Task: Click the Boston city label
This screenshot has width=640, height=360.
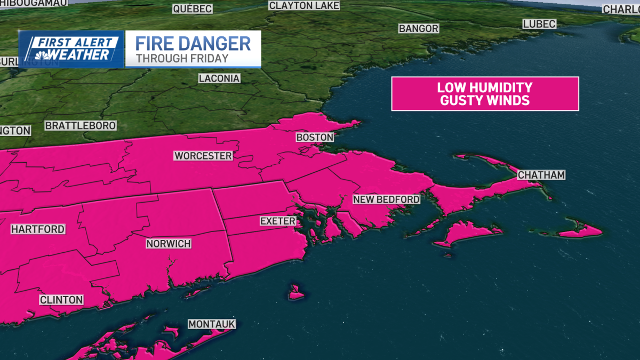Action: tap(315, 137)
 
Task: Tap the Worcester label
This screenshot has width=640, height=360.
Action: tap(203, 156)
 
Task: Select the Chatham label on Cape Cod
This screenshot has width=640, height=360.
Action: tap(541, 175)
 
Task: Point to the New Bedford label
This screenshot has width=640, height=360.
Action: tap(387, 199)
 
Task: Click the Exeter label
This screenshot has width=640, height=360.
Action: tap(277, 220)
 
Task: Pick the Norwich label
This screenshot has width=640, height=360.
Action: tap(169, 244)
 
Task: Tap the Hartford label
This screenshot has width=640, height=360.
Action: tap(38, 229)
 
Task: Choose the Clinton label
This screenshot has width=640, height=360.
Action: tap(61, 300)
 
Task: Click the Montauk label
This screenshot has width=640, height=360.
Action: tap(212, 324)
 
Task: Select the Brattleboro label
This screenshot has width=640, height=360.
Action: tap(81, 126)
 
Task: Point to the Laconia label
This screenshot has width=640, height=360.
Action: tap(219, 78)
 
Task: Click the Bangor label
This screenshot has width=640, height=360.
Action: tap(419, 28)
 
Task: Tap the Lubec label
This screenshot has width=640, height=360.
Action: tap(539, 24)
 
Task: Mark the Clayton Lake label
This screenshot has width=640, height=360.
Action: tap(305, 5)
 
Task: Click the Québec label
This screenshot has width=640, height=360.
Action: tap(193, 9)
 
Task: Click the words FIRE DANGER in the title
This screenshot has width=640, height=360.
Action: tap(193, 43)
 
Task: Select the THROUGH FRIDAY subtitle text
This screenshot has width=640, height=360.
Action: tap(182, 58)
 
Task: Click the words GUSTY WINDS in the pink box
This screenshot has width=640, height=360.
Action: tap(485, 100)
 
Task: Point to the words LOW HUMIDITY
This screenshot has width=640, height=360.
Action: tap(485, 87)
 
